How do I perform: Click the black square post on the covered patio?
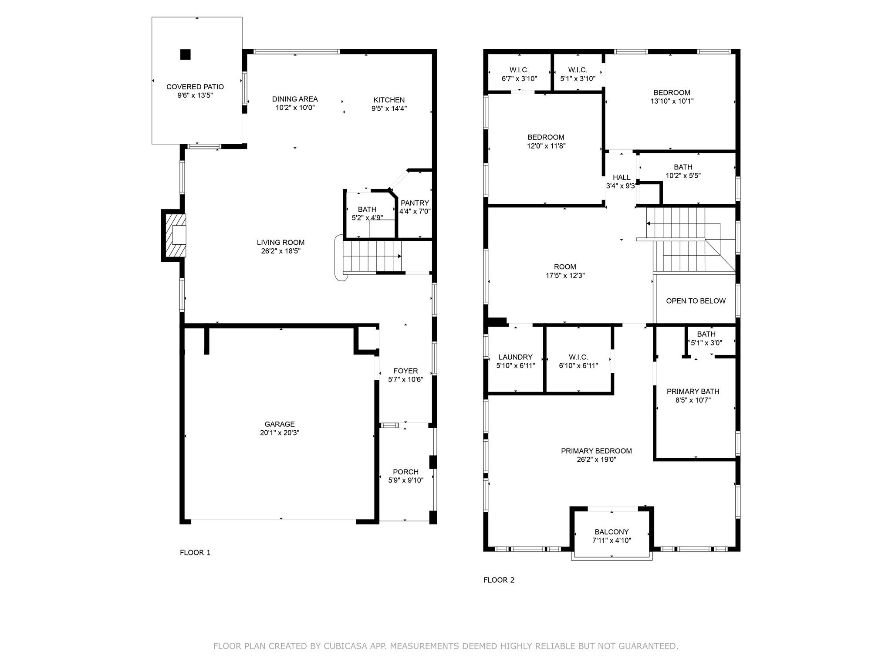186,54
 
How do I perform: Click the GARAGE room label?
280,424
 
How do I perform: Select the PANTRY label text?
415,203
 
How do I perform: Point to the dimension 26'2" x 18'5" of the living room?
280,251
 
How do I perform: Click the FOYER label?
405,371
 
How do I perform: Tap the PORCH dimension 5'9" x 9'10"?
405,480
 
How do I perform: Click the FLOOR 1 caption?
195,553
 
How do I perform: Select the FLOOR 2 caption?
499,580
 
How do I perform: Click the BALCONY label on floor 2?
612,532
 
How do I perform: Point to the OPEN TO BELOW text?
696,301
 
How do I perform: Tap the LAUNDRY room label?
515,357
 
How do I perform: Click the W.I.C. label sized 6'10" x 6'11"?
578,357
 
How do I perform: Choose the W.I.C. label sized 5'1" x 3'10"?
578,70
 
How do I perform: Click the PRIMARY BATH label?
693,392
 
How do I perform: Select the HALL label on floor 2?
622,177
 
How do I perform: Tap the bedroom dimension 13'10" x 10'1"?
672,101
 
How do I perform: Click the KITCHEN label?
389,100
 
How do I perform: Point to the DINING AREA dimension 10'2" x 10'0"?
295,108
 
